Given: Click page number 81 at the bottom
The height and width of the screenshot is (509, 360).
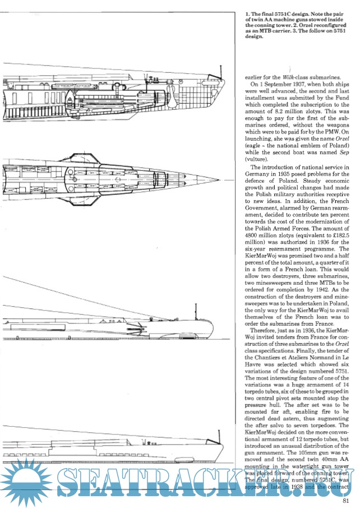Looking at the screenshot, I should (346, 501).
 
